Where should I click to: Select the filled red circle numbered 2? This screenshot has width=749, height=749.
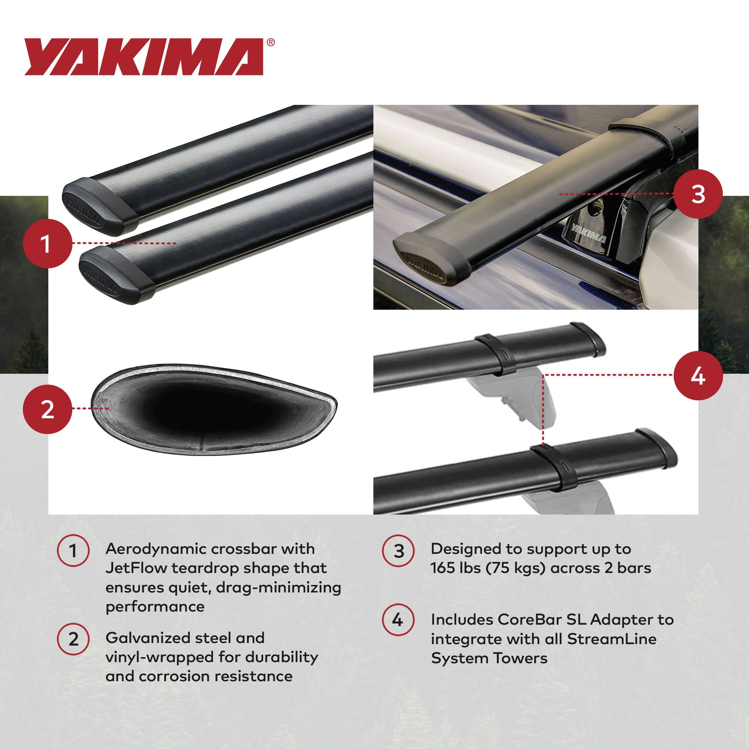click(x=47, y=409)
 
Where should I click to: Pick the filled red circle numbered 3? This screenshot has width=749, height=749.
click(x=698, y=194)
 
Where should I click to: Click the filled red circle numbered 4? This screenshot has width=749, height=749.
click(x=698, y=375)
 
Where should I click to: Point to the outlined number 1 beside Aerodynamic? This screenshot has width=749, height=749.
click(x=73, y=551)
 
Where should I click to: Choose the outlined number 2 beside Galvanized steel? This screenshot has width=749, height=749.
click(x=73, y=640)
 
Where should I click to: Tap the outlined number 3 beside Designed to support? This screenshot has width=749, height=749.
click(x=398, y=551)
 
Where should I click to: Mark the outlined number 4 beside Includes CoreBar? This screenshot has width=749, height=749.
click(x=398, y=620)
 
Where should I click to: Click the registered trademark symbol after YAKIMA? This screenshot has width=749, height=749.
click(x=271, y=43)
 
